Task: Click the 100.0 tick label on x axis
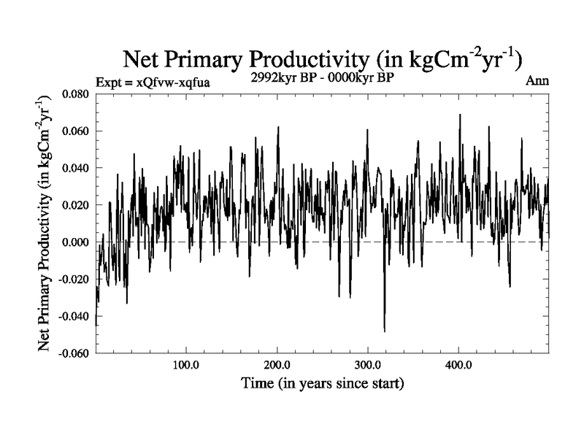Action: [186, 364]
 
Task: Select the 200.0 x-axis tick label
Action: [277, 364]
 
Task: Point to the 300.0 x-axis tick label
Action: [368, 364]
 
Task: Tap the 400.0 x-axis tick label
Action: [458, 364]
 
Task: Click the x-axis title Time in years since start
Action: [323, 383]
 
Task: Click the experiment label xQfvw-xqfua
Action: [153, 82]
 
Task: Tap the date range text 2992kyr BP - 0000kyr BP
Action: [322, 78]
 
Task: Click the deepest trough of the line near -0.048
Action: [385, 331]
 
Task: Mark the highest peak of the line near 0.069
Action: [460, 115]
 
